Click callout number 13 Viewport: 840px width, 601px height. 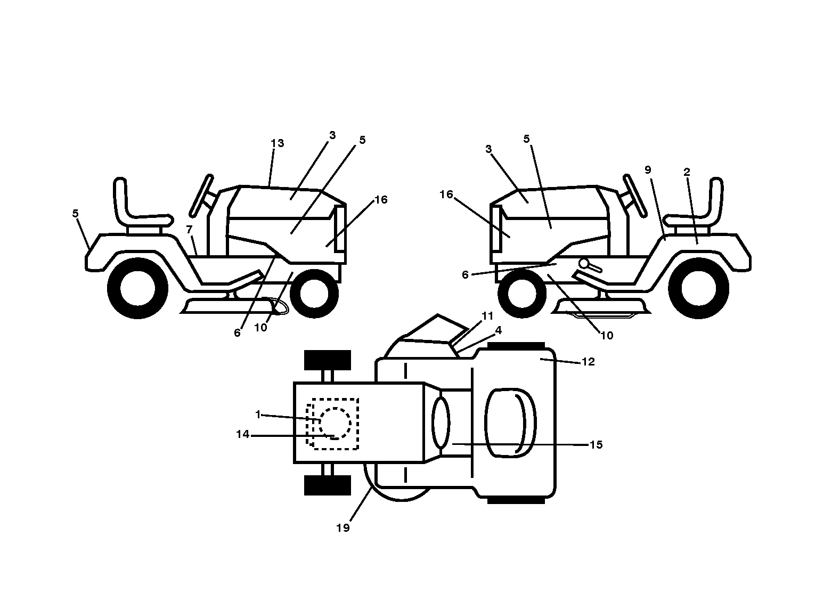click(278, 143)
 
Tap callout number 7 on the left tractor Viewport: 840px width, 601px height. click(190, 229)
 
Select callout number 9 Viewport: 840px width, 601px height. click(648, 170)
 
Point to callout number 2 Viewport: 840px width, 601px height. click(687, 172)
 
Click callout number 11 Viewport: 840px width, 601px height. click(487, 316)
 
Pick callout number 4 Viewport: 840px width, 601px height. click(499, 330)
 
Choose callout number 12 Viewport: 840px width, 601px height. click(588, 362)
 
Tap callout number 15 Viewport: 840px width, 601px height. click(596, 445)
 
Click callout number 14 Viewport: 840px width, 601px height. click(242, 434)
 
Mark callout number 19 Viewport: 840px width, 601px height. click(342, 528)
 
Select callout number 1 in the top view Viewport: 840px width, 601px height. click(258, 415)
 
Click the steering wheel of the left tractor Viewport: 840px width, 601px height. click(202, 196)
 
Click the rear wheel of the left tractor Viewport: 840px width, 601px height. click(137, 288)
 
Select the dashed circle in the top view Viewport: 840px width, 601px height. click(335, 424)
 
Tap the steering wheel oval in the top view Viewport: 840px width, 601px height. click(441, 423)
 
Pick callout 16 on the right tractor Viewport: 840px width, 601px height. click(446, 194)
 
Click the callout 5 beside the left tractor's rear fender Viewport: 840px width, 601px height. click(76, 214)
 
